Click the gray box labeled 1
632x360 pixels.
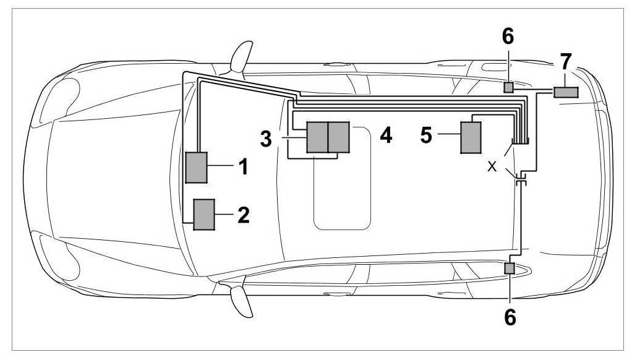point(197,166)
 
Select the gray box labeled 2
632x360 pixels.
point(204,215)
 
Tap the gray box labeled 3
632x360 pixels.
point(317,137)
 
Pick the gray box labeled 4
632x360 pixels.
point(338,137)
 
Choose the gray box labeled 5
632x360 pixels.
point(471,137)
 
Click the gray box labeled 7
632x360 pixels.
point(565,92)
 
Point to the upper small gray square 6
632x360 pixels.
point(508,88)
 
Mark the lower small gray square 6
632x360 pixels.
point(510,268)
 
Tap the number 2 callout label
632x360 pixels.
point(243,215)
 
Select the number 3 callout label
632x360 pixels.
point(267,139)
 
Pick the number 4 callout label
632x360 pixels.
point(386,135)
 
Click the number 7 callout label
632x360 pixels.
point(565,62)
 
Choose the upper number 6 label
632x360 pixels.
point(508,37)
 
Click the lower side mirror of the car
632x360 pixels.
point(238,300)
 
